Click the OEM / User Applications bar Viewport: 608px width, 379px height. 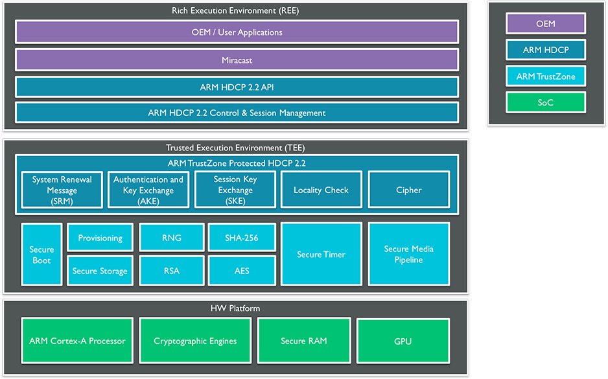237,32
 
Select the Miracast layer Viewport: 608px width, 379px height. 237,60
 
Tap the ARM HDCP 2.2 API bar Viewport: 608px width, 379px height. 237,87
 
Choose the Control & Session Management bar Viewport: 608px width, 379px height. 237,113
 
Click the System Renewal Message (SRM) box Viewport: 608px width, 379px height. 62,190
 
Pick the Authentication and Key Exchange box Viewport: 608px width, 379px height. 148,190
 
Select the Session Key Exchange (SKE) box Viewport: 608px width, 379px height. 235,190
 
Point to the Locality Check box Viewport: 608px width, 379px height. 321,190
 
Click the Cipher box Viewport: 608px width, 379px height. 408,190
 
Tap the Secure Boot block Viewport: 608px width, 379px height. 41,255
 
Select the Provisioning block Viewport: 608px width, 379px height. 100,238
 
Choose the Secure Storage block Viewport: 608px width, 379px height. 100,271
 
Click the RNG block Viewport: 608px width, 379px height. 172,238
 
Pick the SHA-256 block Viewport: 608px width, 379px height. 242,238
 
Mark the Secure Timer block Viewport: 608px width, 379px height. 321,255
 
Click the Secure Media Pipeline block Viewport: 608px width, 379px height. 408,255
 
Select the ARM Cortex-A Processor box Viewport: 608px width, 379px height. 77,341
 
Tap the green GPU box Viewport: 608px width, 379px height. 403,341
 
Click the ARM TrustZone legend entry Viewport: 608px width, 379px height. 545,77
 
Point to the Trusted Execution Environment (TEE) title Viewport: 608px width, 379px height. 235,148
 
